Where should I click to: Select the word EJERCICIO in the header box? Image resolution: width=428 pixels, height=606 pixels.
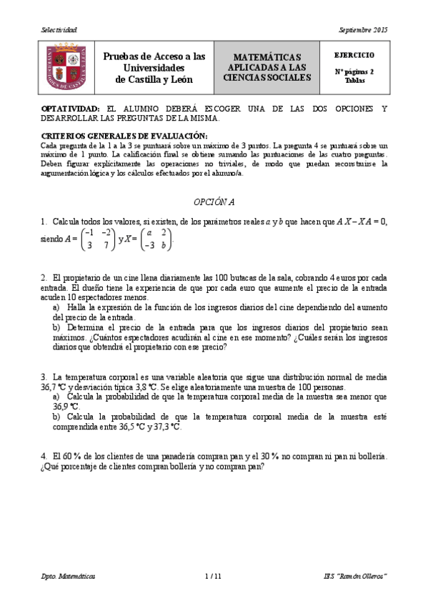click(353, 55)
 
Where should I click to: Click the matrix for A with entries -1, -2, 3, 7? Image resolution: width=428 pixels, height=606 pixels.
click(98, 239)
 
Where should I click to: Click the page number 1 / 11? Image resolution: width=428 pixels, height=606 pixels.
click(214, 576)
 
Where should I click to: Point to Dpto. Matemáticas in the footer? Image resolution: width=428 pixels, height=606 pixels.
click(68, 576)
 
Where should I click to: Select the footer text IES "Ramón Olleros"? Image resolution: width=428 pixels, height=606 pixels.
click(354, 576)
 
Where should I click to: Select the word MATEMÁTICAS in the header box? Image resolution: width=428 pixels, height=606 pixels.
click(267, 57)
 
